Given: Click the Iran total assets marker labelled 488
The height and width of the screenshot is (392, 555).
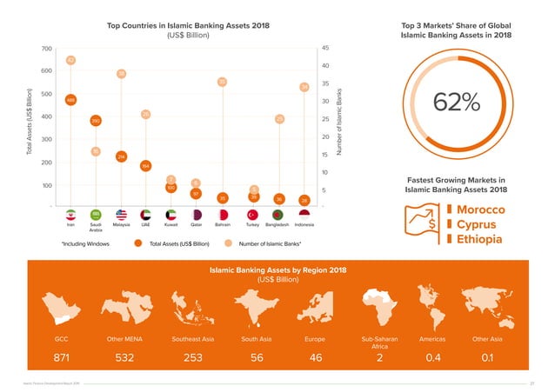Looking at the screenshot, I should pos(70,100).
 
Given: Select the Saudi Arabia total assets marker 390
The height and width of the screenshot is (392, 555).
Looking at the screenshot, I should pos(96,121).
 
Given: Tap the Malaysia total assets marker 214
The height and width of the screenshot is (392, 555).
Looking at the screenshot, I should pos(121,156).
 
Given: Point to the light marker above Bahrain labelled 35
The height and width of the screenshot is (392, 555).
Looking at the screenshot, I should pos(223,82).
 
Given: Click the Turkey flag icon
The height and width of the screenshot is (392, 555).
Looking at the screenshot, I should pos(254,214).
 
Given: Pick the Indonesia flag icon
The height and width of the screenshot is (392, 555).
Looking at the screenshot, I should pos(304,214).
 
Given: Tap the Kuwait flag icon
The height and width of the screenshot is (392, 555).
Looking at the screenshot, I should pos(171,214).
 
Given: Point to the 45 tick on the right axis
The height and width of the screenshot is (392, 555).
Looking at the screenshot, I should pos(325,48).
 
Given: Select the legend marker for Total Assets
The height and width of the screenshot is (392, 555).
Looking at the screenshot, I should pos(137,244).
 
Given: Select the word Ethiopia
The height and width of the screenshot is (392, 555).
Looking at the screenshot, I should pos(480,241).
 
